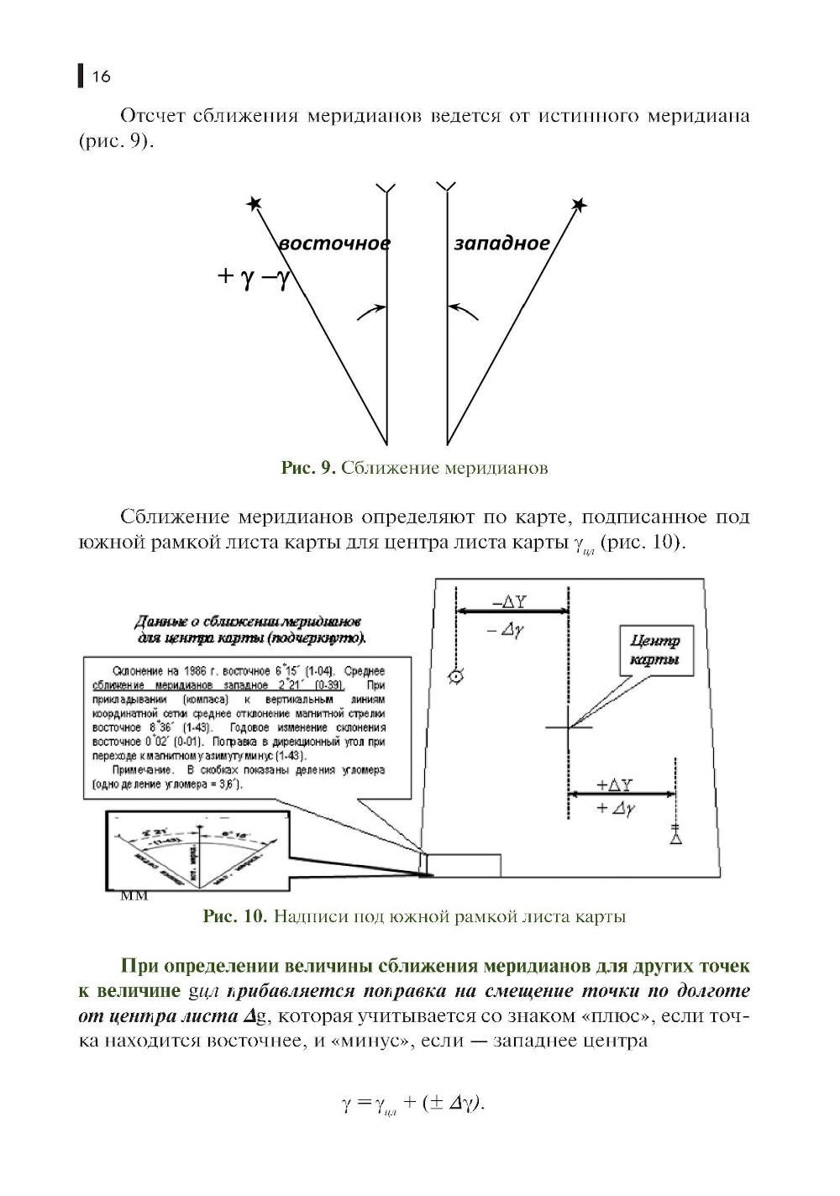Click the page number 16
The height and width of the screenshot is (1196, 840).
(x=101, y=77)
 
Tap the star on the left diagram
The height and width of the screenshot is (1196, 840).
(x=255, y=204)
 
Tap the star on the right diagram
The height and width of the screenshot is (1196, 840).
(x=578, y=205)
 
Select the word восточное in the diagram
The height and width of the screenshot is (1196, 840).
(x=334, y=244)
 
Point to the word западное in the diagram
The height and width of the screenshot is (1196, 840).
(x=501, y=244)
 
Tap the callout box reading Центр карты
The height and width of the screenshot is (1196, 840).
(x=654, y=650)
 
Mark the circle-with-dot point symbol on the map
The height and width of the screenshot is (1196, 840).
(x=456, y=676)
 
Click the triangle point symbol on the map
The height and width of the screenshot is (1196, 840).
(x=675, y=837)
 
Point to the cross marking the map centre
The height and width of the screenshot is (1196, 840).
(x=568, y=727)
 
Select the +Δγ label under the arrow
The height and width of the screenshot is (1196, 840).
(x=615, y=809)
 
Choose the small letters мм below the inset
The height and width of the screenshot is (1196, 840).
(x=134, y=895)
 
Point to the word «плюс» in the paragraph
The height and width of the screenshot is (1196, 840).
(x=617, y=1017)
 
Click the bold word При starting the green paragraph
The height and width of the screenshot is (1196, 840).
(x=139, y=966)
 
